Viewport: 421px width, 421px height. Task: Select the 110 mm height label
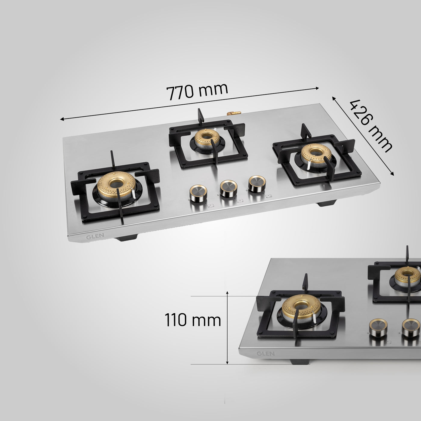tap(193, 320)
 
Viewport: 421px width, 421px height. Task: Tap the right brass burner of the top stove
tap(317, 155)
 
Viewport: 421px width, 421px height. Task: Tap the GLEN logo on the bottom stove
tap(266, 354)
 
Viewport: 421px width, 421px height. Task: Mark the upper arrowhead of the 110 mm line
tap(227, 293)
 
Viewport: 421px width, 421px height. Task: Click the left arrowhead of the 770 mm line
tap(62, 119)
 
